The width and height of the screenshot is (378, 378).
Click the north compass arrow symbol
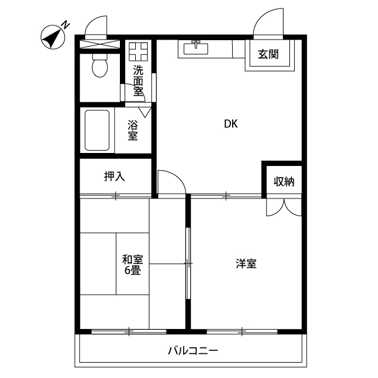click(54, 37)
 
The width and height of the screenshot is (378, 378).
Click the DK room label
click(230, 124)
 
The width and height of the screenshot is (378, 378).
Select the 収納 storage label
click(283, 181)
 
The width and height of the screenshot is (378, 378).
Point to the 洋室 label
click(246, 264)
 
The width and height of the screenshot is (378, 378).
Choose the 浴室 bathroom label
click(133, 130)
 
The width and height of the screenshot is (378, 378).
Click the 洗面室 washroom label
click(138, 80)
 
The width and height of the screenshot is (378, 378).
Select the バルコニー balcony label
click(193, 351)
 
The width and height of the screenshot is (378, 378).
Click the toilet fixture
click(99, 66)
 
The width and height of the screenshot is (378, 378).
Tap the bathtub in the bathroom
click(97, 130)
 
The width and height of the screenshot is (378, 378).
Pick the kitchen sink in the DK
click(197, 47)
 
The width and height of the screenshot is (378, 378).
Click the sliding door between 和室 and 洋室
click(188, 263)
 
